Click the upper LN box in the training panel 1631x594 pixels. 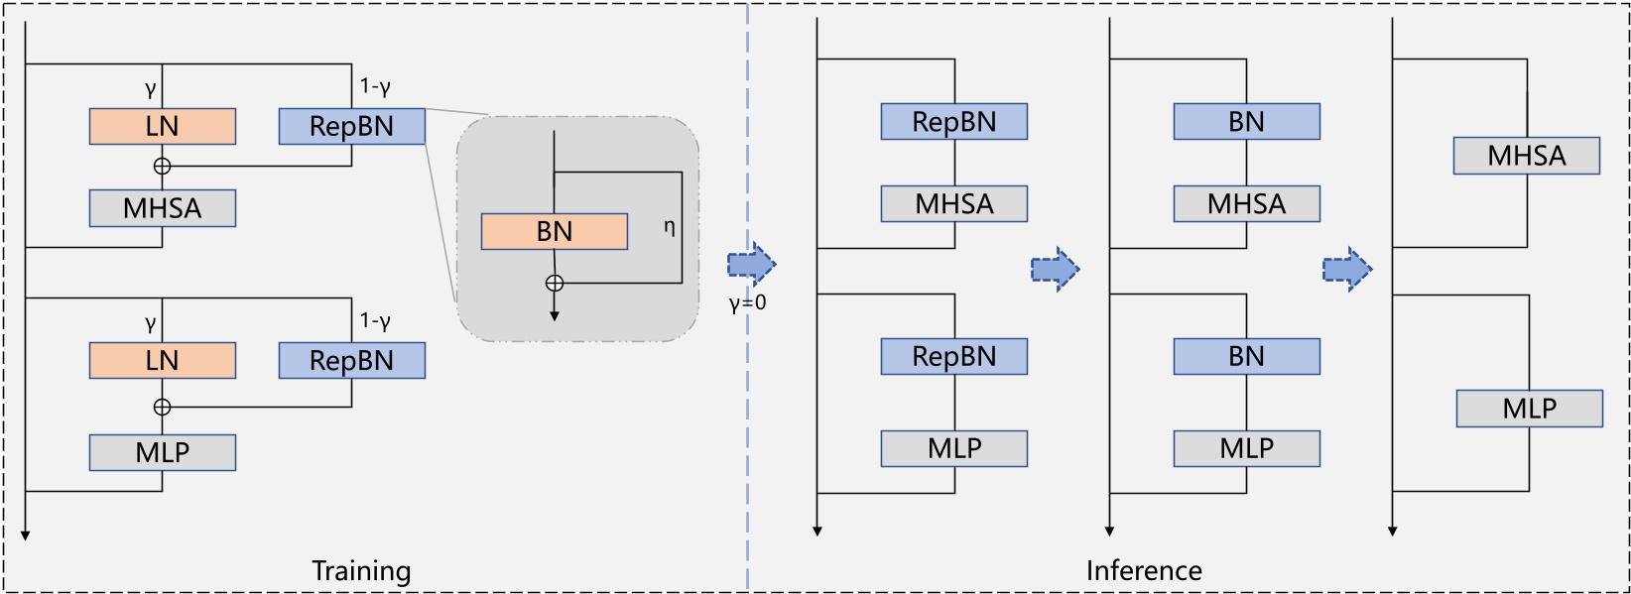163,127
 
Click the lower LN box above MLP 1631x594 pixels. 163,360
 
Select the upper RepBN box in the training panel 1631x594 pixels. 351,127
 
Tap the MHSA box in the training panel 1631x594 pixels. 163,208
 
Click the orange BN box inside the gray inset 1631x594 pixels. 554,231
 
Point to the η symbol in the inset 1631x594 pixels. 669,227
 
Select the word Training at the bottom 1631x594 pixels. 361,571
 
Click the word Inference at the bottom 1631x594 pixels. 1144,571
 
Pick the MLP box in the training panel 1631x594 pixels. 163,452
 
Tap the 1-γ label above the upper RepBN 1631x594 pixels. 375,87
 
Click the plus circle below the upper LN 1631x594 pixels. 163,167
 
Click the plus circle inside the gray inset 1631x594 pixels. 555,284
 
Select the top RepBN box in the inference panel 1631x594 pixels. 953,122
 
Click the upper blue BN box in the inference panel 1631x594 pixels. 1246,122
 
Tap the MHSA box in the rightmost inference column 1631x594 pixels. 1526,156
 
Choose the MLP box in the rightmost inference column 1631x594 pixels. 1529,409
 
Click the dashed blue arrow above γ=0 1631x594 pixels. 751,265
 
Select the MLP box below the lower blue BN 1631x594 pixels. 1246,448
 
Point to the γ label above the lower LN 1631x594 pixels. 151,323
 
